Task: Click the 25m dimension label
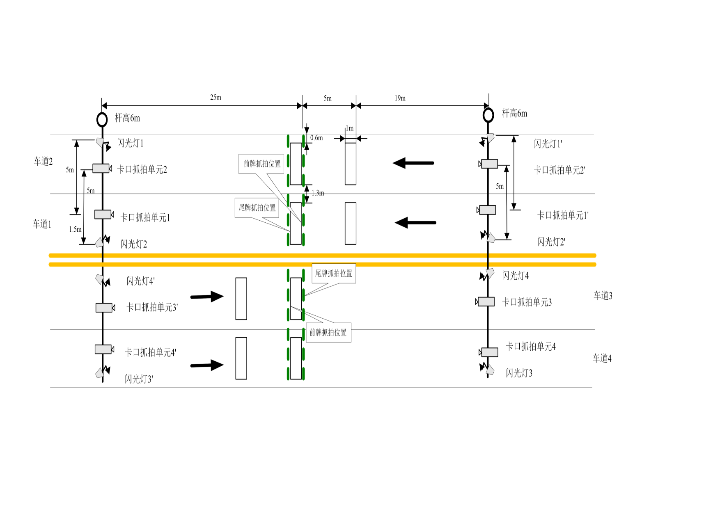tap(216, 98)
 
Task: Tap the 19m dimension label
tap(400, 98)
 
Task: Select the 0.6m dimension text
tap(316, 138)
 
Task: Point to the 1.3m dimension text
tap(318, 193)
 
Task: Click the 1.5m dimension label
tap(75, 229)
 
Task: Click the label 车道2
tap(43, 161)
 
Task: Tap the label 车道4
tap(602, 358)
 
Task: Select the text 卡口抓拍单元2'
tap(559, 170)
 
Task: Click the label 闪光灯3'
tap(139, 379)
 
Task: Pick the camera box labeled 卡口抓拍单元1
tap(103, 214)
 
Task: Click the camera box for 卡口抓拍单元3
tap(486, 301)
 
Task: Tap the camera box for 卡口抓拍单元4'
tap(103, 349)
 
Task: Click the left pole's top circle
tap(102, 119)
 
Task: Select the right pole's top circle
tap(488, 115)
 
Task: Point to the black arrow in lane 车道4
tap(207, 365)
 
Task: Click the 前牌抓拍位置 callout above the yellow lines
tap(261, 164)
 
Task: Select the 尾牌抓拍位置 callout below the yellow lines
tap(333, 274)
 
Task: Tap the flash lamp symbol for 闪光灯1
tap(100, 142)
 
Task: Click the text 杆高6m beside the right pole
tap(514, 113)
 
